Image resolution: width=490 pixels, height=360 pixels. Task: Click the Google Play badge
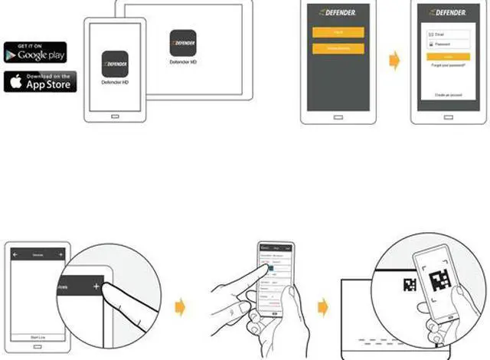pyautogui.click(x=35, y=52)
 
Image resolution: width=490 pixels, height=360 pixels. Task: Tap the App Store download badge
pyautogui.click(x=35, y=81)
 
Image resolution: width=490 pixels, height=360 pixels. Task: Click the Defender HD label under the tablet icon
pyautogui.click(x=182, y=61)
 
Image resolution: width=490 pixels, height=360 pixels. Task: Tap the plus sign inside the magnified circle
pyautogui.click(x=96, y=286)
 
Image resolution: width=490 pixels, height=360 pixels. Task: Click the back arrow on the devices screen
pyautogui.click(x=15, y=253)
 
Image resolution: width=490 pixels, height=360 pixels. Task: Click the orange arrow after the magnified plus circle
pyautogui.click(x=179, y=307)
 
